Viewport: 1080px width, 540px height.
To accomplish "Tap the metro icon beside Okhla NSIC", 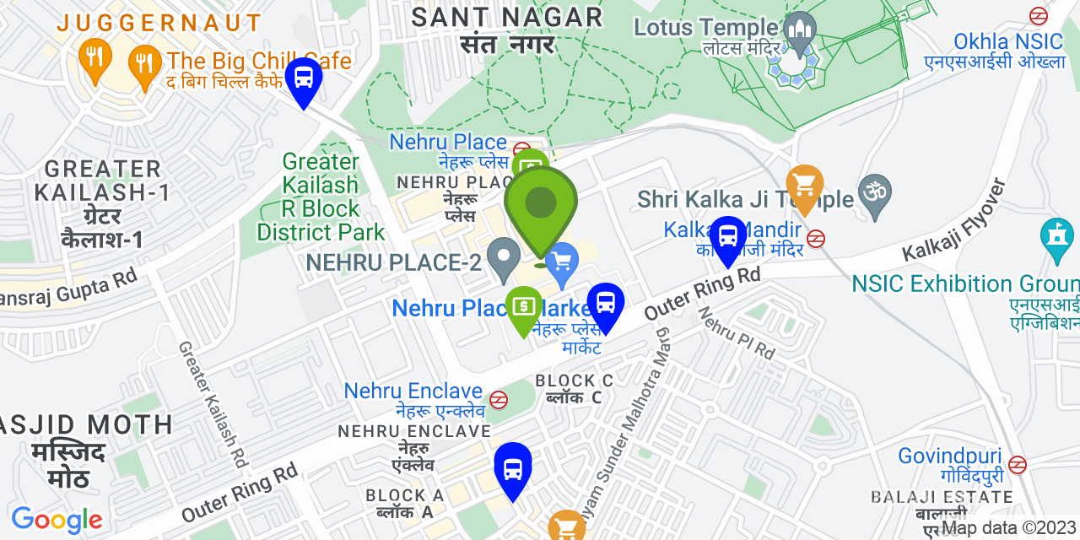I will coord(1039,16).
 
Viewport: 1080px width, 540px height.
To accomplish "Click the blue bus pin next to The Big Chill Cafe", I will coord(303,78).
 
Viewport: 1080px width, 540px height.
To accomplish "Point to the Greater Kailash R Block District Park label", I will coord(321,197).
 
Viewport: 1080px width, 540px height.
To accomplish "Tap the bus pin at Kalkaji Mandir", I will coord(727,237).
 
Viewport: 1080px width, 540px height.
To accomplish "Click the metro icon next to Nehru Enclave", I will coord(499,397).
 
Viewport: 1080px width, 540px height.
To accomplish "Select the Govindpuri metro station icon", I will coord(1018,464).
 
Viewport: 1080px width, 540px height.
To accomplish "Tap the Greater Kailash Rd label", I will coord(213,404).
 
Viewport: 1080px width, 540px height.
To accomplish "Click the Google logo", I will coord(57,519).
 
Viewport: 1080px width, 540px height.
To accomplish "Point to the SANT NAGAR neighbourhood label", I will coord(508,17).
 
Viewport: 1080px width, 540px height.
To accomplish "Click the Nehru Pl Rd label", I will coord(735,332).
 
